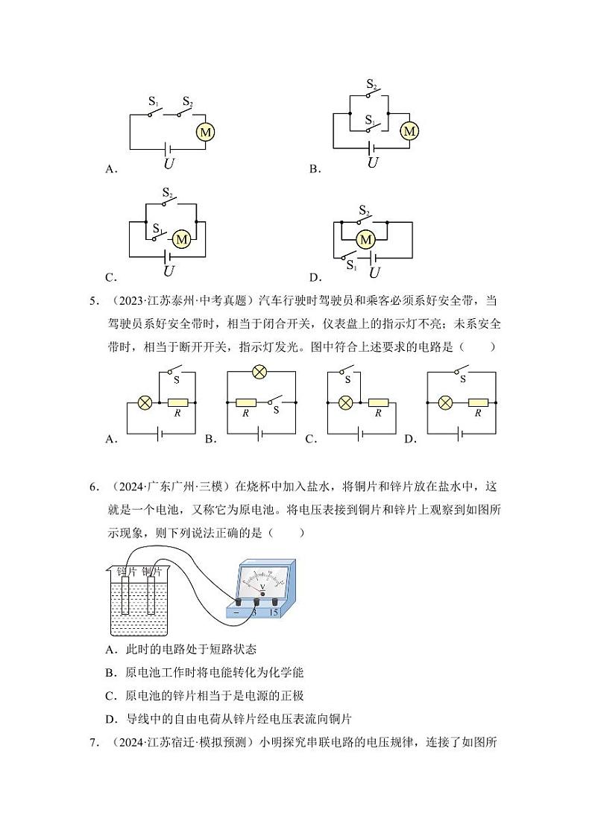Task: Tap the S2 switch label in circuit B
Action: coord(371,85)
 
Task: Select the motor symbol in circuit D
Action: coord(365,240)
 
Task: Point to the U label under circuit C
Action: coord(169,271)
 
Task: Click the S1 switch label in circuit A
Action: coord(154,101)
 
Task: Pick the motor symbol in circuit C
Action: coord(181,239)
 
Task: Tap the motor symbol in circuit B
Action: coord(409,131)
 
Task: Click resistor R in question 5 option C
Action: coord(378,402)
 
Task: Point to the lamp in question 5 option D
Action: coord(446,402)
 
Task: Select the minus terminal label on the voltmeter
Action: coord(236,612)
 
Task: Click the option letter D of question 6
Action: coord(110,719)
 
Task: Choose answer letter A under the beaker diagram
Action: coord(110,649)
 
